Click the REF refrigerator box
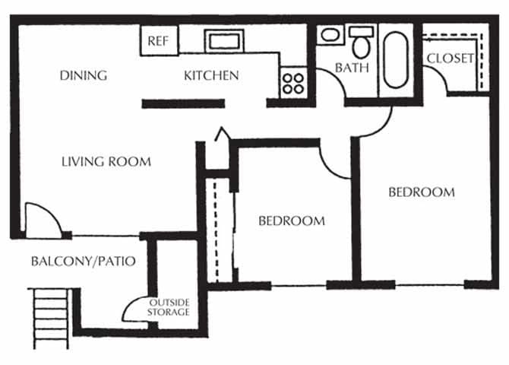[x=158, y=40]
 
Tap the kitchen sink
[x=223, y=40]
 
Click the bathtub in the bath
[x=396, y=59]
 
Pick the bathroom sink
[x=330, y=35]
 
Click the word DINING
[x=83, y=75]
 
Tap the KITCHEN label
[x=211, y=75]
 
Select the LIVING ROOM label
[x=106, y=161]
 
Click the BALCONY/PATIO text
[x=83, y=262]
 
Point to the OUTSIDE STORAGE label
[x=168, y=306]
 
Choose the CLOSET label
[x=450, y=59]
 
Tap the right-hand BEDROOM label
[x=422, y=192]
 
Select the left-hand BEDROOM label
[x=292, y=221]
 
